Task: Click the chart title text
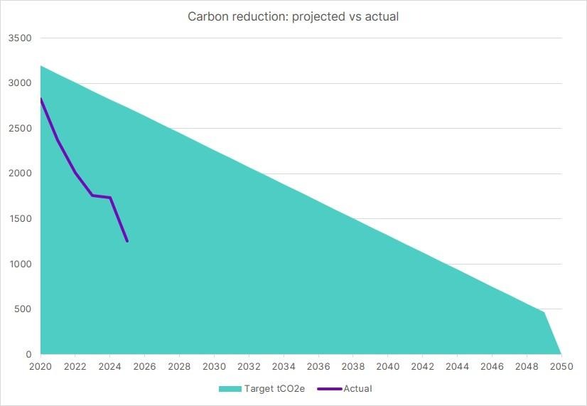(293, 16)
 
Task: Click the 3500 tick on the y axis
(20, 38)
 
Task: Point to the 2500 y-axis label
(20, 129)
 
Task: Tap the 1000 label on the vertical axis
(20, 264)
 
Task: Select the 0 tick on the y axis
(28, 354)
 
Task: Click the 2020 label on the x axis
(41, 366)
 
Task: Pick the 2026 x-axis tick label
(144, 366)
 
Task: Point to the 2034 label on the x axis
(284, 366)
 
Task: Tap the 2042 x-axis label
(422, 366)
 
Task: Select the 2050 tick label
(561, 366)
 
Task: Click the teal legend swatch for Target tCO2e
(230, 389)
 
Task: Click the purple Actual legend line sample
(330, 389)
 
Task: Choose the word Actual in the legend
(358, 388)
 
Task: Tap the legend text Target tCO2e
(274, 388)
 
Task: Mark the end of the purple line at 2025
(127, 242)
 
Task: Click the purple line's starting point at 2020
(41, 99)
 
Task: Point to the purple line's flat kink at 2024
(110, 198)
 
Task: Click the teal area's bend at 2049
(544, 312)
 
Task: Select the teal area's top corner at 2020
(41, 65)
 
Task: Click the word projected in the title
(318, 17)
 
